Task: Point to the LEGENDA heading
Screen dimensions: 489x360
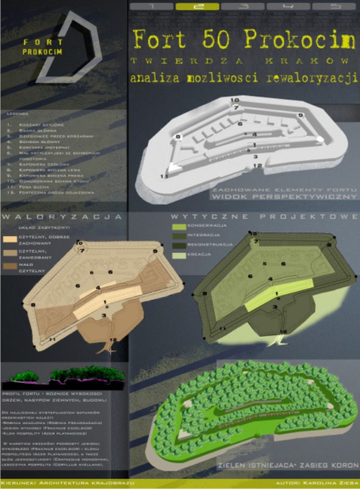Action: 17,113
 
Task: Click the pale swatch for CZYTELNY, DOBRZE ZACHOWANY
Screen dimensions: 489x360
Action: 11,239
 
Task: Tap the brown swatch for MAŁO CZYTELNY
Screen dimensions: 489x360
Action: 11,266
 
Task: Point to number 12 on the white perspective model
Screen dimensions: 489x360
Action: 258,165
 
